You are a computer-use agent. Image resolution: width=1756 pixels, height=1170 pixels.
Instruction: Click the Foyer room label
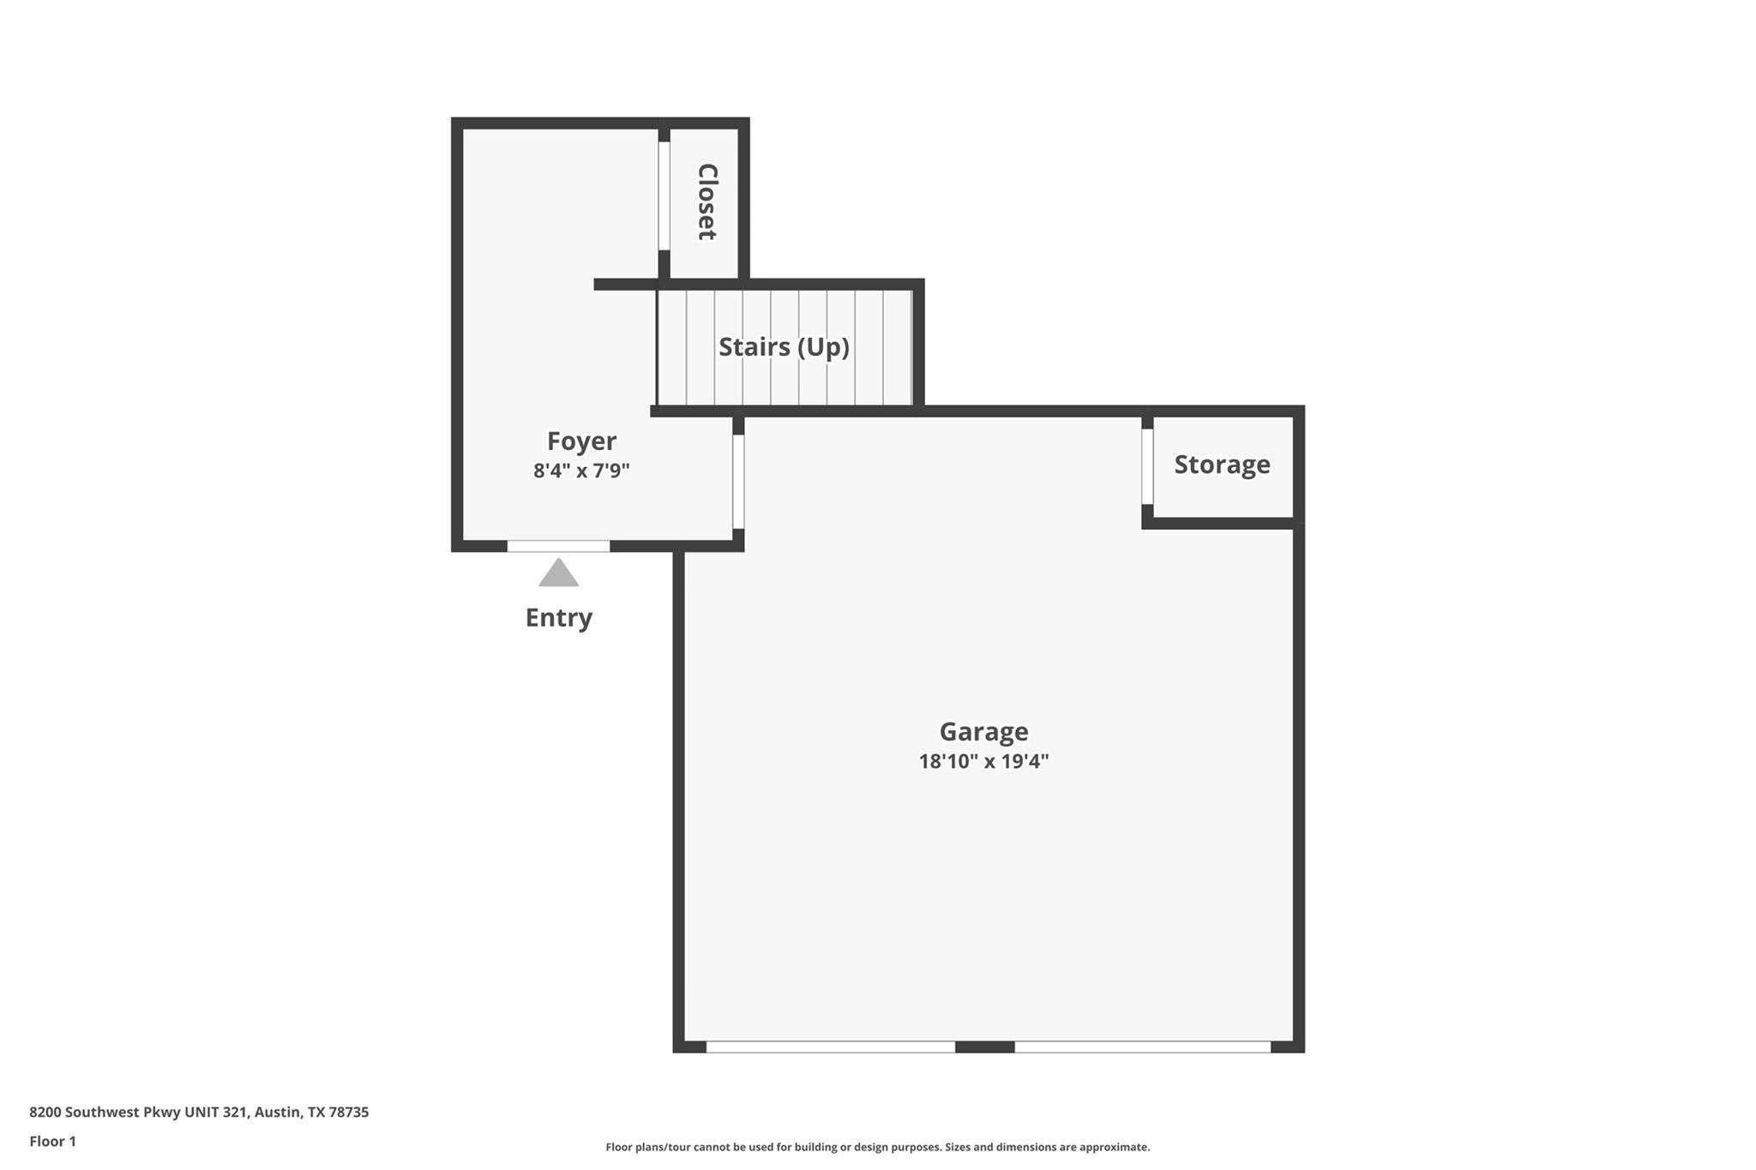click(581, 441)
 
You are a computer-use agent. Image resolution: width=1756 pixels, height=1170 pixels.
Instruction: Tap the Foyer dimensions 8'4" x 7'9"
click(581, 471)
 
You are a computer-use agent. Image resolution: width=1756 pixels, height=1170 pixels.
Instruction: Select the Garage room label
click(983, 732)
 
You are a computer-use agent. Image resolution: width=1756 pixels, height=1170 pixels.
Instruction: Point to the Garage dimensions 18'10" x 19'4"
click(983, 761)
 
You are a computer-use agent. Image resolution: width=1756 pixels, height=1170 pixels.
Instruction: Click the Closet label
click(707, 202)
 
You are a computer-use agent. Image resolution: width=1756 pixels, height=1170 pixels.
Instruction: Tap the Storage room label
click(1222, 465)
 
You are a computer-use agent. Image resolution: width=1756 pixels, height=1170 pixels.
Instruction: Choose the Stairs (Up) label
click(784, 347)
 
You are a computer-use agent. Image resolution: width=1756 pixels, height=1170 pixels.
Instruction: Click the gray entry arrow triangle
click(558, 574)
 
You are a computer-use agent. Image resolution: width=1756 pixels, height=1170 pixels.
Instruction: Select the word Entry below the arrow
click(558, 618)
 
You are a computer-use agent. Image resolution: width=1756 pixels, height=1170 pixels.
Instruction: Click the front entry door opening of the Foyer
click(558, 546)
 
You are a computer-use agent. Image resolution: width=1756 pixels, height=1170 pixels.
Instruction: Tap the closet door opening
click(664, 196)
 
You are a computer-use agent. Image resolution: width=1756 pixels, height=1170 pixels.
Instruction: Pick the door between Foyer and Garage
click(738, 482)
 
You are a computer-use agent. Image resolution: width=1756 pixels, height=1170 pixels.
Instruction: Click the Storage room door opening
click(1147, 466)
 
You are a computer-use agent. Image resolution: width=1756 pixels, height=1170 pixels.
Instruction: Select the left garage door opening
click(830, 1047)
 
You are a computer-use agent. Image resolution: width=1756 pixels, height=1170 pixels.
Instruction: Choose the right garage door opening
click(1142, 1047)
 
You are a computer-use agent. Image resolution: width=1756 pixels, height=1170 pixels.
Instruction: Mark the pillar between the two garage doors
click(984, 1047)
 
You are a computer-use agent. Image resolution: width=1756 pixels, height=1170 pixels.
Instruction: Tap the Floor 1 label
click(52, 1142)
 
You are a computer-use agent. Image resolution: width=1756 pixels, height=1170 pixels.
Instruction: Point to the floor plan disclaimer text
click(877, 1148)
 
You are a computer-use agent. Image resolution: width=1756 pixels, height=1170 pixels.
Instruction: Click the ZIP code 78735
click(349, 1113)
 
